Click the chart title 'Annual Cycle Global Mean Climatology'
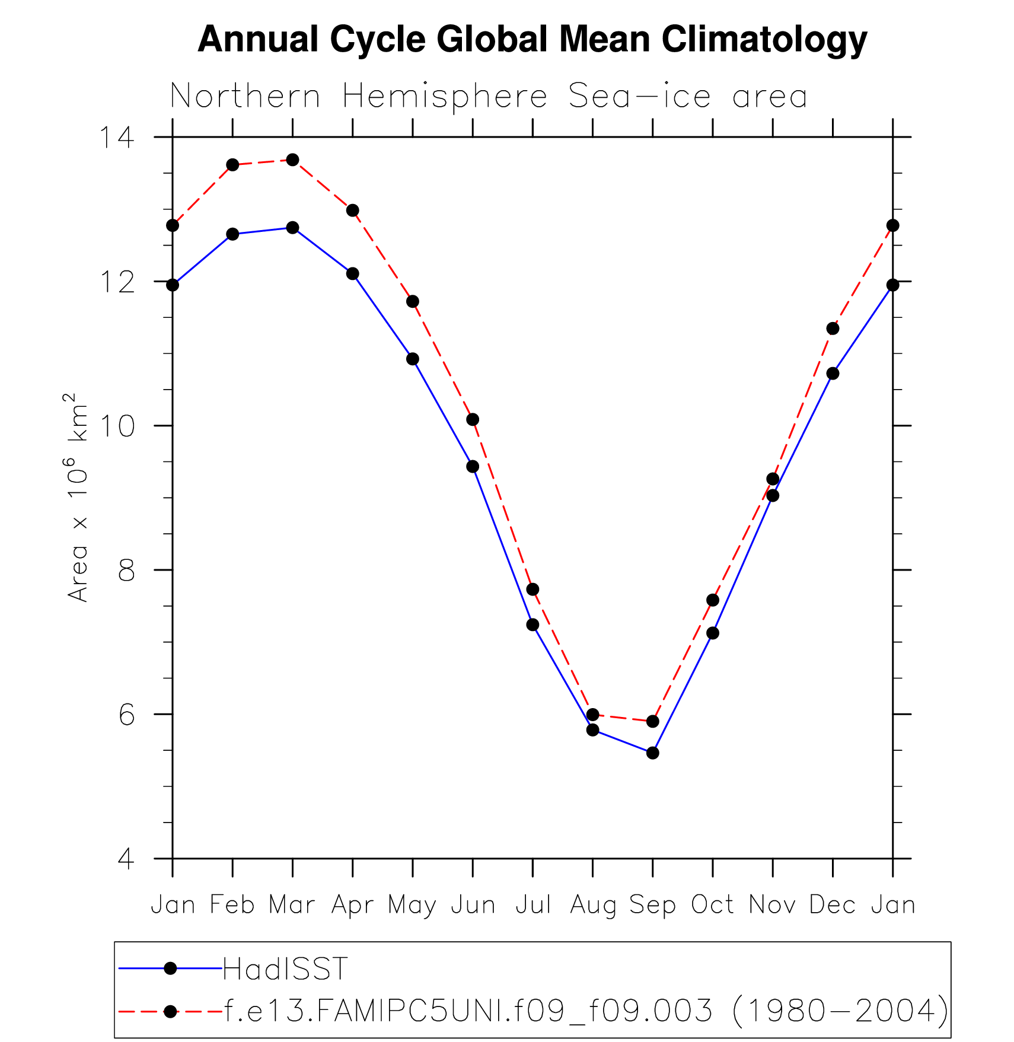532,39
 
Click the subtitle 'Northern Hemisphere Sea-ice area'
488,97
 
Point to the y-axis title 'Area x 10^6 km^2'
78,497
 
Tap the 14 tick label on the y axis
116,138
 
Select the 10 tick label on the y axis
116,426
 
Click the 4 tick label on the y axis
126,859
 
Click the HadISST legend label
285,970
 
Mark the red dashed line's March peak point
292,160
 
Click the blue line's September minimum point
652,753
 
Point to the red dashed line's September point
652,721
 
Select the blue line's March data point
292,228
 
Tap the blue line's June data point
473,467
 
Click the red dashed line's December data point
833,329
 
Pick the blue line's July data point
532,624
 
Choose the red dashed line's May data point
413,301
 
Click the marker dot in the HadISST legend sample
170,968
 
